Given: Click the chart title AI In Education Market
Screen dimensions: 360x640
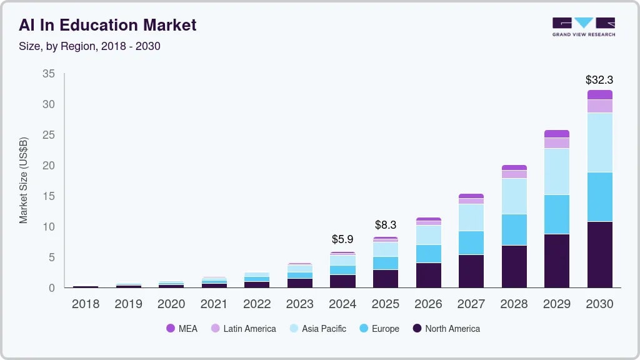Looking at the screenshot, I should click(x=107, y=25).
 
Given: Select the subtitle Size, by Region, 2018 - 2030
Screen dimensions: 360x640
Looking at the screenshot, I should click(x=89, y=46).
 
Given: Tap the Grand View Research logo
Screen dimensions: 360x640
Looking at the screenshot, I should click(x=583, y=26).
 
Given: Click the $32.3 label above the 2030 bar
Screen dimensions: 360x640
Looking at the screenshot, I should click(x=599, y=80).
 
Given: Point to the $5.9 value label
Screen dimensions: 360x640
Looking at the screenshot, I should click(x=342, y=239).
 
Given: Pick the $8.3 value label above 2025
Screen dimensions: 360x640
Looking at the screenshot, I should click(x=385, y=224).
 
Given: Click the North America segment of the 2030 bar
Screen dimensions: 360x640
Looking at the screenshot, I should click(x=599, y=254).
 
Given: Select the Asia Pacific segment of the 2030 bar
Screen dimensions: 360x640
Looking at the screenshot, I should click(x=599, y=142).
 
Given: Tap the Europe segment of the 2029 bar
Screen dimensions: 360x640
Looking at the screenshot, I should click(x=556, y=214).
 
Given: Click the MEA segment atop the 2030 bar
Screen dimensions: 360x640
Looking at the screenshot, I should click(x=599, y=95).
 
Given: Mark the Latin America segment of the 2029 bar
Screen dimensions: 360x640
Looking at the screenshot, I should click(x=556, y=143).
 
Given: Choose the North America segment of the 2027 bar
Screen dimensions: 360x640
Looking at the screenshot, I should click(x=471, y=271).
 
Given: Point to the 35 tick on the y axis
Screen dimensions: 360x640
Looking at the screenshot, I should click(x=48, y=74).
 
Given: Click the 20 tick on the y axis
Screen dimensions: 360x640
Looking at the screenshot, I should click(x=48, y=166).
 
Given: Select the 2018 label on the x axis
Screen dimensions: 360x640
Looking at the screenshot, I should click(x=86, y=304).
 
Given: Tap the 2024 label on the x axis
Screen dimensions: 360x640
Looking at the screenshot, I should click(x=342, y=304).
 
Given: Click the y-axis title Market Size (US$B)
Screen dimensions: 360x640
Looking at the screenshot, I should click(x=24, y=180).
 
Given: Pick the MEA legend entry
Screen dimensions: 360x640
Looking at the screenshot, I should click(x=181, y=329).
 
